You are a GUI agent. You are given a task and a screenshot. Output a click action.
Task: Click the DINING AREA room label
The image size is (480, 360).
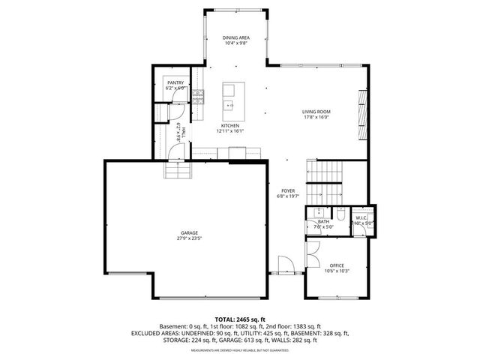click(236, 37)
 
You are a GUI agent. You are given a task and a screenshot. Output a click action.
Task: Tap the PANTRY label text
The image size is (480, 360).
click(175, 82)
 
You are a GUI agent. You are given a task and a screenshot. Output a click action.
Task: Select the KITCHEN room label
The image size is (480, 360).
click(230, 125)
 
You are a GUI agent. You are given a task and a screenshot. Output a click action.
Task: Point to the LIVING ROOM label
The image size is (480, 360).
click(316, 112)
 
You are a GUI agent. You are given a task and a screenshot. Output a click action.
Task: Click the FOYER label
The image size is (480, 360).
click(287, 191)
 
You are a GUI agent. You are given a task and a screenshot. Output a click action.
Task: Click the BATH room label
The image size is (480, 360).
click(323, 221)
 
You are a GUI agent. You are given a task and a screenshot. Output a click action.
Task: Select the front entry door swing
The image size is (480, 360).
click(286, 263)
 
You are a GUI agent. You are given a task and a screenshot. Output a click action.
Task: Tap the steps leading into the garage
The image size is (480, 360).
click(178, 172)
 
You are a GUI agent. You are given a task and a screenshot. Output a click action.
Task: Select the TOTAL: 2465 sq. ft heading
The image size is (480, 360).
click(240, 319)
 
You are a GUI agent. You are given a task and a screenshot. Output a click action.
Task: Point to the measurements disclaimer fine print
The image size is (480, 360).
click(240, 350)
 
